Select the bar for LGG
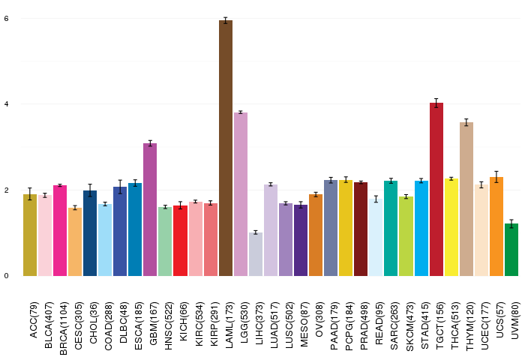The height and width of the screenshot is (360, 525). (241, 194)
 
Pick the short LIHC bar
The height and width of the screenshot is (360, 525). (256, 254)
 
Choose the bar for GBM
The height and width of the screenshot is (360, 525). (150, 209)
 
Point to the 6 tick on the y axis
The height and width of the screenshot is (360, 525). (6, 18)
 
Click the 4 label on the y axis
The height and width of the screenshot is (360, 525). (6, 104)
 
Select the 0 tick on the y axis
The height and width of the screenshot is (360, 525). (6, 276)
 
